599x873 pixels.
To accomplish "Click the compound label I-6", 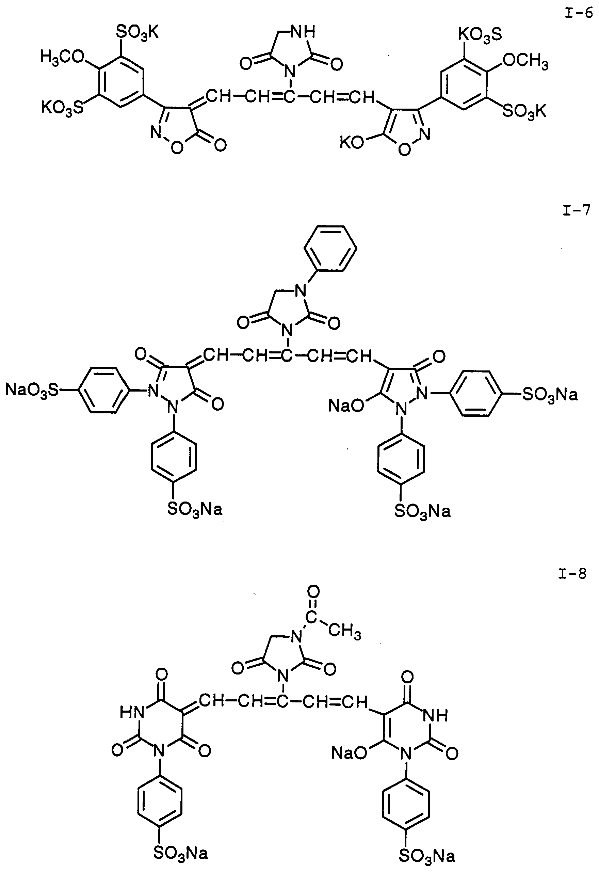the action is click(x=578, y=14).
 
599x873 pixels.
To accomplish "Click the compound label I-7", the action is click(x=576, y=210).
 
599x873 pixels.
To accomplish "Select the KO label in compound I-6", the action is click(x=352, y=143).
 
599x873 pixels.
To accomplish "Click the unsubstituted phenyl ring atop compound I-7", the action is click(x=330, y=248).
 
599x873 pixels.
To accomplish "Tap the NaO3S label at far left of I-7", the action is click(x=32, y=390).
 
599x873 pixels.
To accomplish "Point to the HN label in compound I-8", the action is click(x=132, y=712).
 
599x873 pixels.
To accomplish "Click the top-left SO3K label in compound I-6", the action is click(x=137, y=33).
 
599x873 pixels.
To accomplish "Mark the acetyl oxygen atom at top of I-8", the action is click(x=313, y=592).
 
